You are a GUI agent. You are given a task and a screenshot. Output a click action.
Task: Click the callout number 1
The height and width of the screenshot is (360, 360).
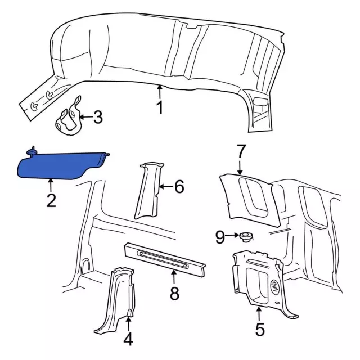point(160,107)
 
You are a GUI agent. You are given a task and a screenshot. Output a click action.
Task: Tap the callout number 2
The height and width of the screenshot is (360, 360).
point(51,200)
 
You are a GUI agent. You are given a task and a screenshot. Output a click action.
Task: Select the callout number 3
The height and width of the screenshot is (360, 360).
point(98,117)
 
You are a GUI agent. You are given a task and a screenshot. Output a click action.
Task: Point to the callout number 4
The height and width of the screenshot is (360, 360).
point(128,339)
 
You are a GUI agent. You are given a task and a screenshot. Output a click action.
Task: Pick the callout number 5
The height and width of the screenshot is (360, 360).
point(260,329)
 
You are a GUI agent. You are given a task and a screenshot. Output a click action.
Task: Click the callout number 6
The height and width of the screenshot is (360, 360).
point(179,186)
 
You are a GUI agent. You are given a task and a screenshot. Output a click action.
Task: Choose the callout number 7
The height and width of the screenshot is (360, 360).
point(240,151)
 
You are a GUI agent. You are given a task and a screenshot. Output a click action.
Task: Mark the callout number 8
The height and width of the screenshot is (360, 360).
point(174,293)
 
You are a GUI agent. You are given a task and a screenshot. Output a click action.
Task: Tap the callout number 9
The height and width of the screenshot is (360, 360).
point(220,237)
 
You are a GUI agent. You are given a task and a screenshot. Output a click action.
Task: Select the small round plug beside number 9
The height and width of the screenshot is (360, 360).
point(246,237)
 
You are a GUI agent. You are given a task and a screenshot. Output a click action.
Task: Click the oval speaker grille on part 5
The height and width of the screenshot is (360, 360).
point(274,286)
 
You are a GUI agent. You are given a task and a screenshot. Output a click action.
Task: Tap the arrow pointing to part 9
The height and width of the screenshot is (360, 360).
point(232,235)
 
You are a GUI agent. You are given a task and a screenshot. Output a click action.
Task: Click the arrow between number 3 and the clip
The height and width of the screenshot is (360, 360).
point(86,117)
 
